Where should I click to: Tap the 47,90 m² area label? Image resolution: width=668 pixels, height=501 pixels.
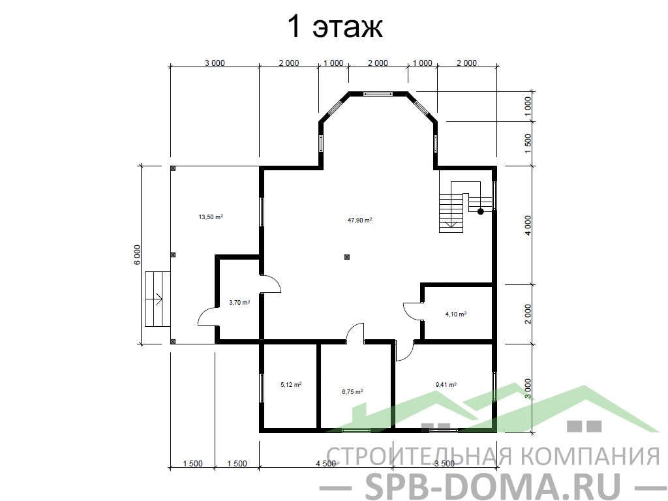[x=360, y=220]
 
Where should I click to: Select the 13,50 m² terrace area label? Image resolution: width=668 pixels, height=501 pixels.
[x=211, y=217]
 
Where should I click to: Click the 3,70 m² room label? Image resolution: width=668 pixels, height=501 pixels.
[x=239, y=303]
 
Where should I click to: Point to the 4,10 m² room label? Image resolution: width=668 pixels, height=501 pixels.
[x=456, y=314]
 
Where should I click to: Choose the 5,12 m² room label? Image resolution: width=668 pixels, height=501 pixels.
[x=291, y=384]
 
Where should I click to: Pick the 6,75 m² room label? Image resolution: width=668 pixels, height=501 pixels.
[x=352, y=391]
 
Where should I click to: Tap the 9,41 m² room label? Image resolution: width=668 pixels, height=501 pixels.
[x=446, y=384]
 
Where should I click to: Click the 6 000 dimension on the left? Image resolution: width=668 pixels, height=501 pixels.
[x=137, y=255]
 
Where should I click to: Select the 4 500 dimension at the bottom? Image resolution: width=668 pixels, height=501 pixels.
[x=326, y=464]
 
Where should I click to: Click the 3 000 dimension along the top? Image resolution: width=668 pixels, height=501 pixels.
[x=215, y=63]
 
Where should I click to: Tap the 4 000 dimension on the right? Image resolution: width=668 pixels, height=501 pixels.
[x=528, y=226]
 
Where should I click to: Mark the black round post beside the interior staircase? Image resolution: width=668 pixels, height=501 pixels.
[x=481, y=211]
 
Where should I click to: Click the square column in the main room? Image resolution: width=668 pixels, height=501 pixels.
[x=347, y=257]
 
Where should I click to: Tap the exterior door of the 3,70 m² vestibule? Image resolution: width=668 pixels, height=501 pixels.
[x=207, y=317]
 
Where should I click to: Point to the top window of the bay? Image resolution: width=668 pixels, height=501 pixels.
[x=378, y=94]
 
